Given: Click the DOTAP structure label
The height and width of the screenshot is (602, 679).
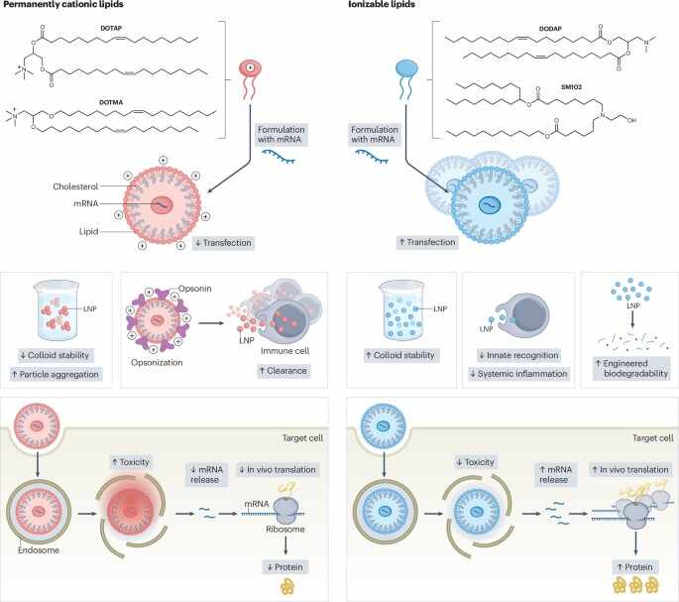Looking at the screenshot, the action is coord(111,28).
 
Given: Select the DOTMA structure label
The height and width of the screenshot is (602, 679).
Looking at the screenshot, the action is coord(111,102).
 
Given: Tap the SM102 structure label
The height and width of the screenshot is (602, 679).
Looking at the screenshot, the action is coord(571,87).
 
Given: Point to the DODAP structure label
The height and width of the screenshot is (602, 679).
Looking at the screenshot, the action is coord(550,29).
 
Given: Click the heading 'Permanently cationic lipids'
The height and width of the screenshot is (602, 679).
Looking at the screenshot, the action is coord(63,4).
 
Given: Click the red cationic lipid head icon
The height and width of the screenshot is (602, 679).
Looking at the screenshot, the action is coord(251,68).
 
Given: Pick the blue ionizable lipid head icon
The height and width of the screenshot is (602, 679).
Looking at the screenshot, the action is coord(406,68).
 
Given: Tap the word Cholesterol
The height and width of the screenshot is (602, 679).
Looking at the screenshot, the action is coord(75,186).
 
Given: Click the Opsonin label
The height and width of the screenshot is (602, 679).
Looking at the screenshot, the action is coord(195,289).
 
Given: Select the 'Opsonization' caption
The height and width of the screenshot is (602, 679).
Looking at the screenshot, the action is coord(157,362).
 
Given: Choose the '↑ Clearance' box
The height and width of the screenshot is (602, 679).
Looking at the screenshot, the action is coord(283,371).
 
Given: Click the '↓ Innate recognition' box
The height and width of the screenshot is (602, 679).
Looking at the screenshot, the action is coord(518,355).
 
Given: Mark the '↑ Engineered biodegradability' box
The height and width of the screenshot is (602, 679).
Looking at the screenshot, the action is coord(631,368).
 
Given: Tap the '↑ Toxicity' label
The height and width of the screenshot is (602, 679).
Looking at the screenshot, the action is coord(130,462).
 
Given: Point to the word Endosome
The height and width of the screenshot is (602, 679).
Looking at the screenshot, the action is coord(39,550).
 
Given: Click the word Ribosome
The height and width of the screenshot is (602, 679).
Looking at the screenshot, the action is coord(285,530).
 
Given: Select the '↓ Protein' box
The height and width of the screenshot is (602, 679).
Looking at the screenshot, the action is coord(284,567).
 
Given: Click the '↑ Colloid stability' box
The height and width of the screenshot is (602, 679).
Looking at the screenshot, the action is coord(401,355).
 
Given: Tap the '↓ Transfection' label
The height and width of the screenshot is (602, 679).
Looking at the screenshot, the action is coord(223,243).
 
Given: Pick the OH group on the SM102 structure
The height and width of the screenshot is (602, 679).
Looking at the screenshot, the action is coord(631,120).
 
